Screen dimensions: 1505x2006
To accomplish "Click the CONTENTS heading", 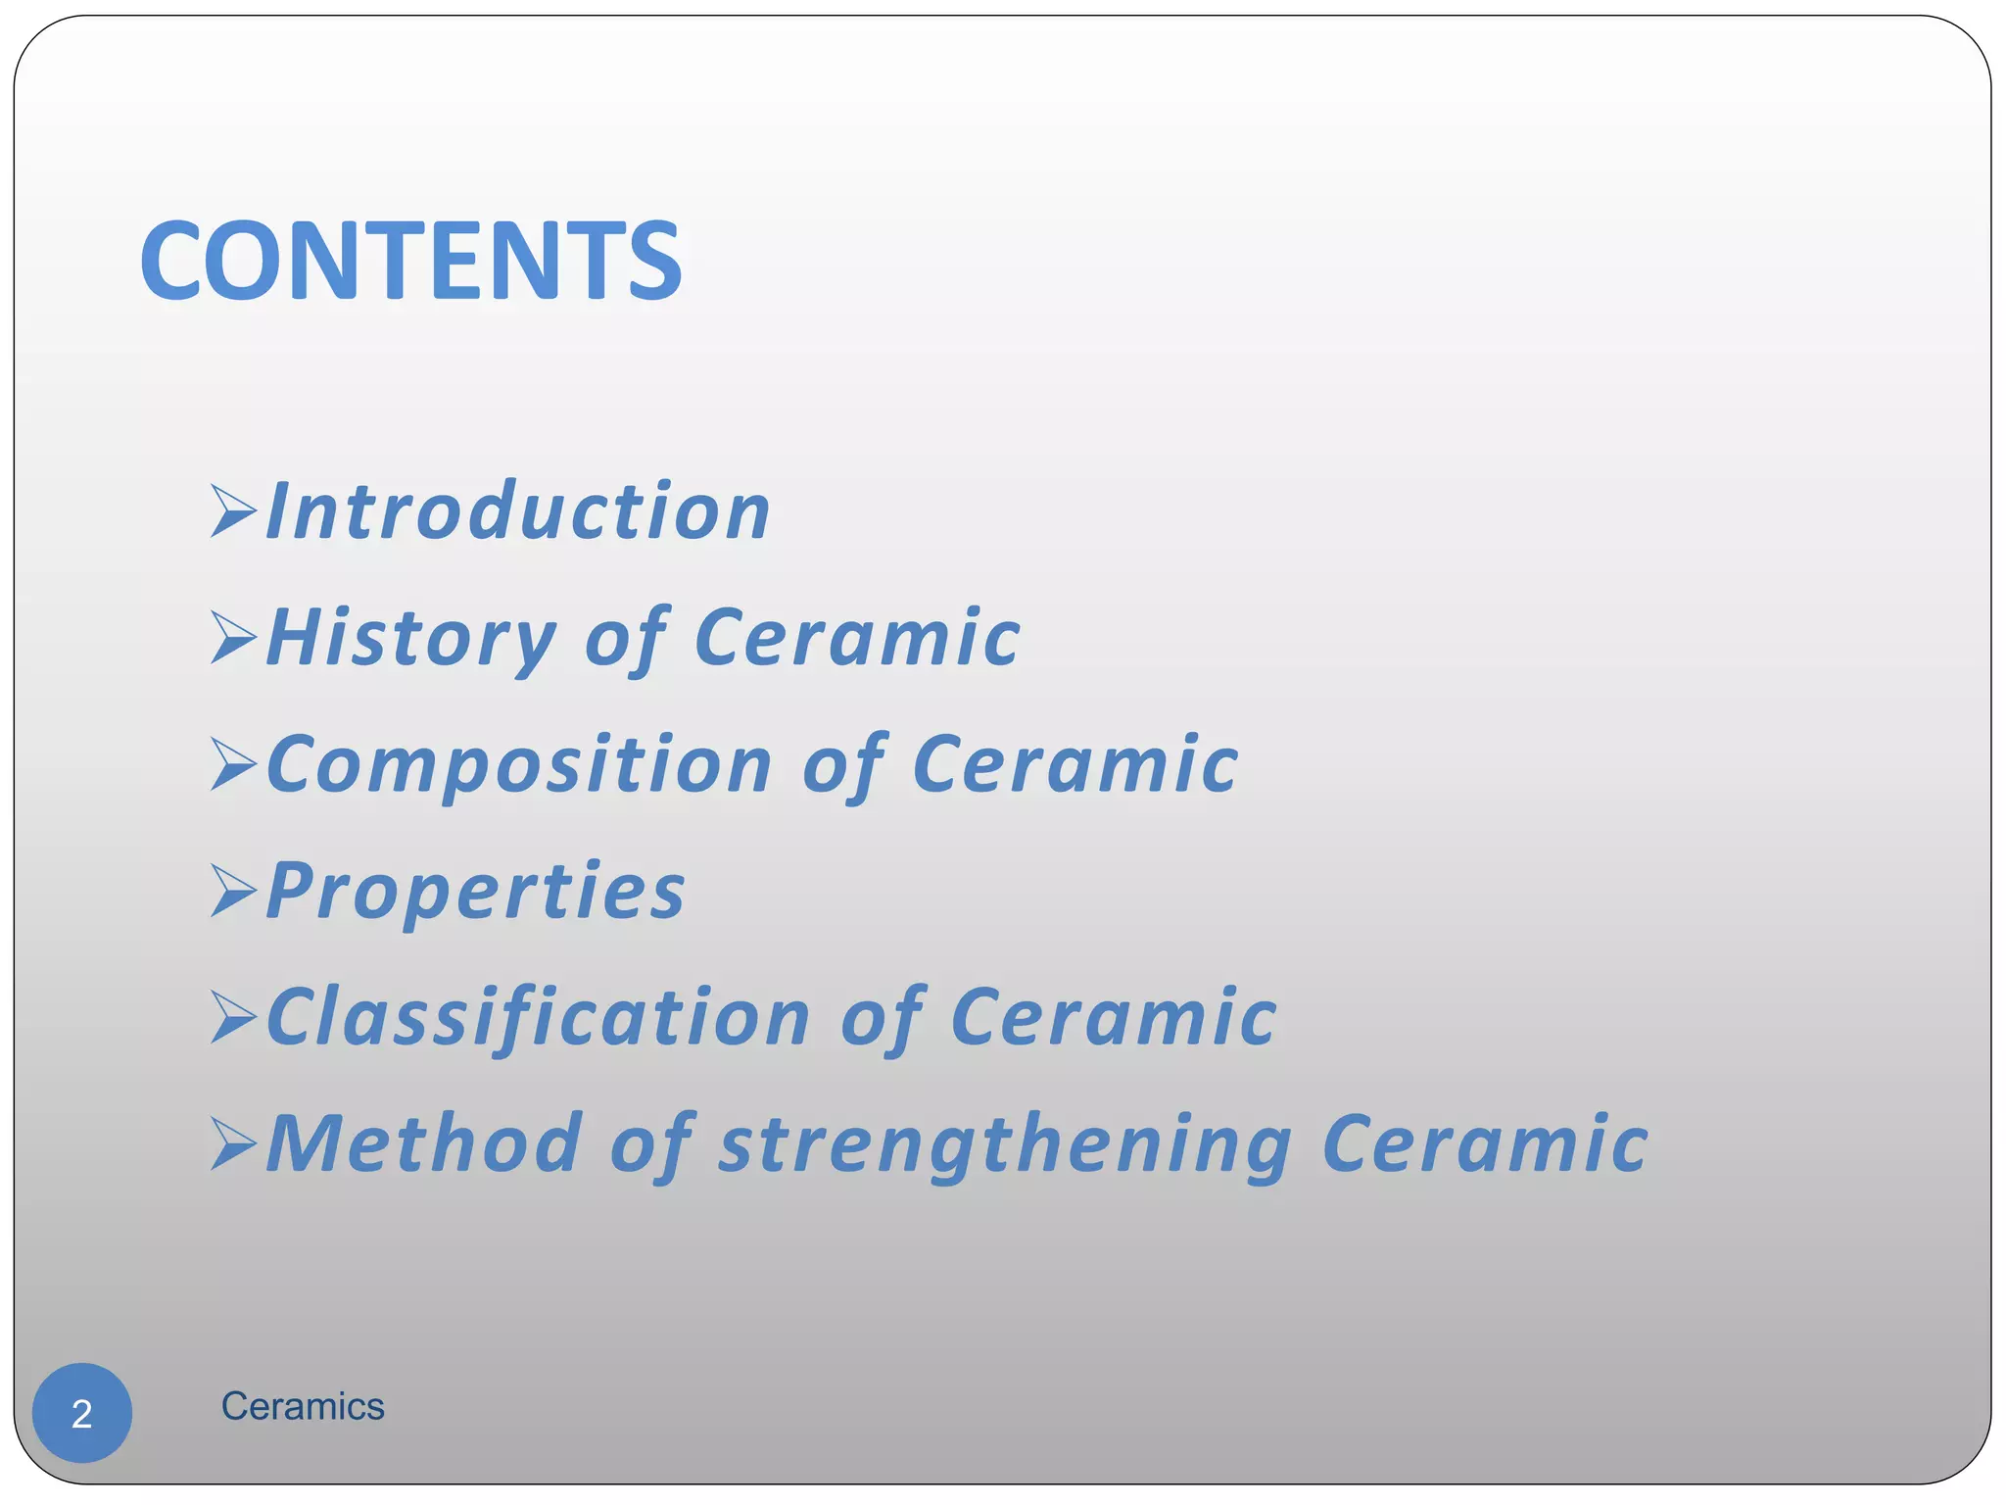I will pyautogui.click(x=410, y=261).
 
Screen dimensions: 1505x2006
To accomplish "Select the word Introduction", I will pyautogui.click(x=518, y=511).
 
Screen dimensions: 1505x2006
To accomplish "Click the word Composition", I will pyautogui.click(x=519, y=765).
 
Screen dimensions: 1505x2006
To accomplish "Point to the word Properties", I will pyautogui.click(x=476, y=892).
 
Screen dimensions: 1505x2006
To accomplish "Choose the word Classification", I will pyautogui.click(x=538, y=1018).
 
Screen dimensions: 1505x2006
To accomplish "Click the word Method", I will pyautogui.click(x=424, y=1143).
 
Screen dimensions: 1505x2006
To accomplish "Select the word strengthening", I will pyautogui.click(x=1005, y=1145).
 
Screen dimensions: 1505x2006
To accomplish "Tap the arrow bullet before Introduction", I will pyautogui.click(x=233, y=510).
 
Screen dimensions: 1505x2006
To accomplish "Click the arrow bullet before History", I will pyautogui.click(x=233, y=638).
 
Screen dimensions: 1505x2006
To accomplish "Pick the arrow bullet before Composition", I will pyautogui.click(x=233, y=764).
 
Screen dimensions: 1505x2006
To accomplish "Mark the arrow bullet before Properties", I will pyautogui.click(x=233, y=891).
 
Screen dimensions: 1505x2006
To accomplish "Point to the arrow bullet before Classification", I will pyautogui.click(x=233, y=1017).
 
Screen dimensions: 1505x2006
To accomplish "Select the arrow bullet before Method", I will pyautogui.click(x=233, y=1143).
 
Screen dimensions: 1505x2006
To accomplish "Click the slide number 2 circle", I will pyautogui.click(x=82, y=1413).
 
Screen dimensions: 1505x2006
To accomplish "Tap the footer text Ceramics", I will pyautogui.click(x=303, y=1407).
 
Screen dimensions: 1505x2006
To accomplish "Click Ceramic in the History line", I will pyautogui.click(x=857, y=639).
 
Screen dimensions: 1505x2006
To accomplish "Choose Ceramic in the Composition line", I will pyautogui.click(x=1075, y=765).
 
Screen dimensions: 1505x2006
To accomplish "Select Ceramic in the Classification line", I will pyautogui.click(x=1114, y=1018).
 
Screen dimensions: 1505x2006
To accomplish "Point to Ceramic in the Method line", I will pyautogui.click(x=1485, y=1143).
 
